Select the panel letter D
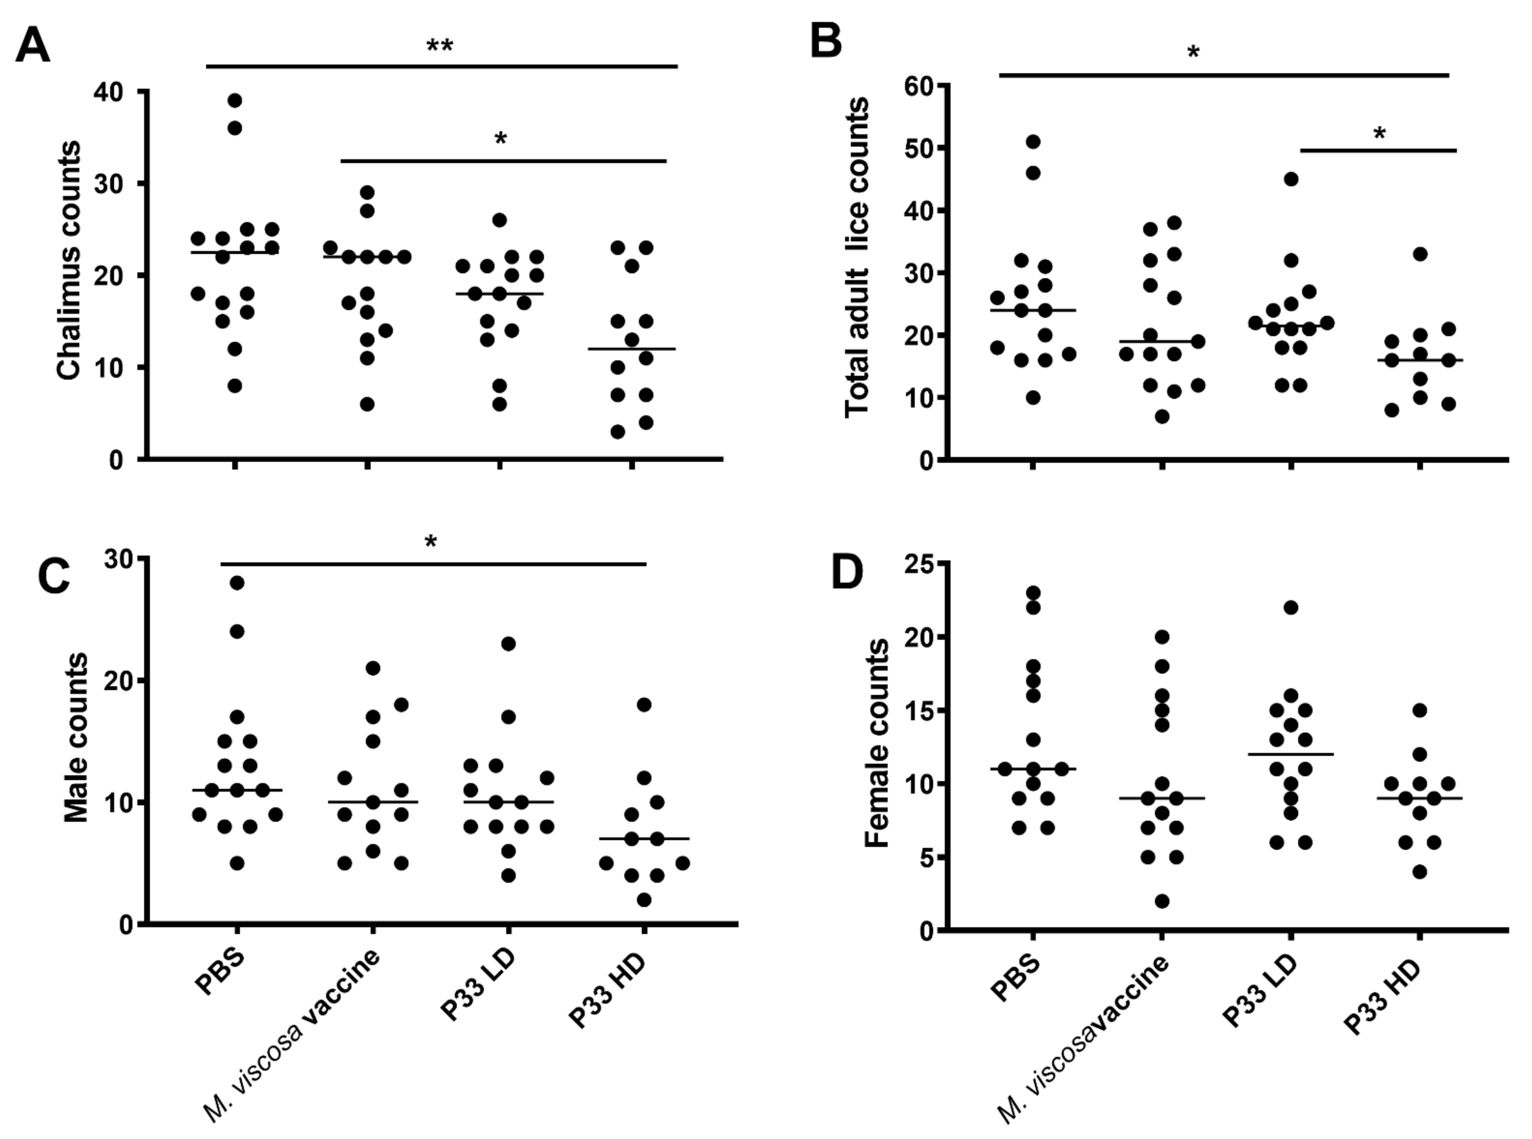tap(847, 574)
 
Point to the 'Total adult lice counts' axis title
tap(857, 257)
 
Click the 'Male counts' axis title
tap(76, 738)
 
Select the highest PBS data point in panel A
tap(235, 101)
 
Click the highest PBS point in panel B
tap(1033, 142)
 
